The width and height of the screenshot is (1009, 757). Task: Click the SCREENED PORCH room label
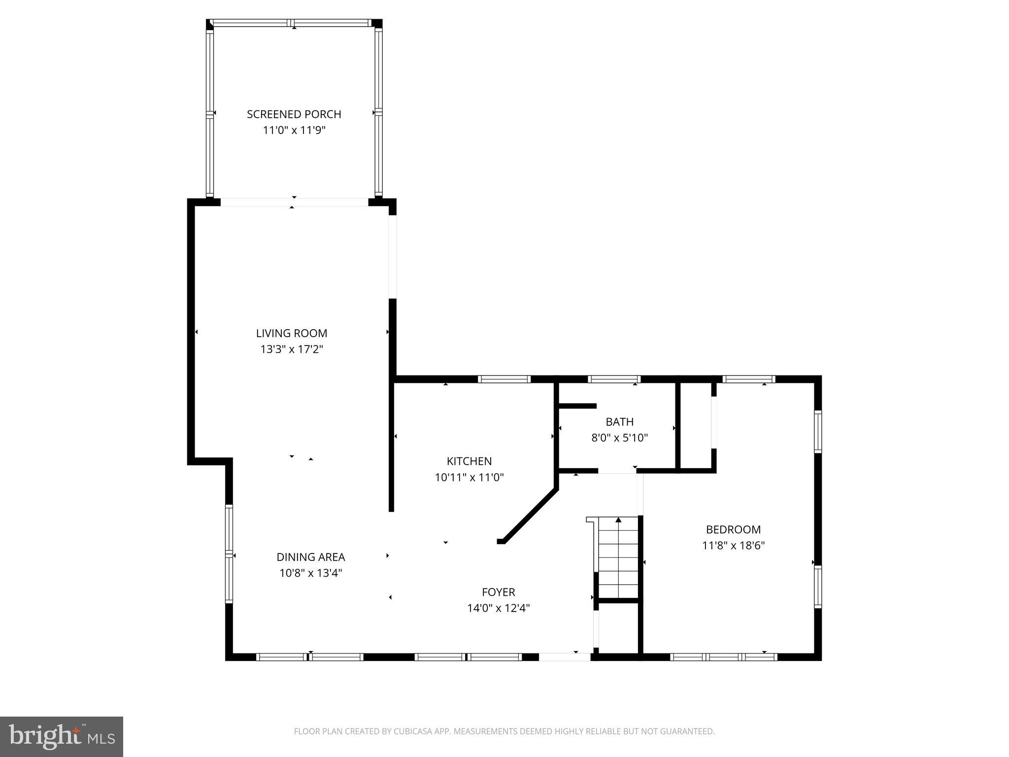(294, 114)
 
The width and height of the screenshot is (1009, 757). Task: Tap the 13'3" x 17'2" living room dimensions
(292, 349)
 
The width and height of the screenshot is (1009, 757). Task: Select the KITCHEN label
(469, 461)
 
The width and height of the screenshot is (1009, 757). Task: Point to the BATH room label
(619, 422)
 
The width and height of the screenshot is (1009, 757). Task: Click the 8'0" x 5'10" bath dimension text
(619, 438)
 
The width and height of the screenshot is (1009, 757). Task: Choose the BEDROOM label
(733, 530)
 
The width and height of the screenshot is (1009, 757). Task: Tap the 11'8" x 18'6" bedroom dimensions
(733, 546)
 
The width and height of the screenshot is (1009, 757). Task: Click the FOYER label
(498, 592)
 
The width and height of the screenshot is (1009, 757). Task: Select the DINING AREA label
(310, 557)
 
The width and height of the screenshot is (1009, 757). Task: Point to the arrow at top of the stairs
(618, 520)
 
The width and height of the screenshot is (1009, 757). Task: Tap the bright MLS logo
(62, 736)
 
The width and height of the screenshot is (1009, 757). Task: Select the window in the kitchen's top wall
(504, 379)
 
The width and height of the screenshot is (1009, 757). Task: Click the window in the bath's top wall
(614, 379)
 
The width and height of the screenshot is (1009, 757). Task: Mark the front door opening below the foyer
(565, 656)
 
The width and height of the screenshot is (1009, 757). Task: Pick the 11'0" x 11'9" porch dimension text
(294, 131)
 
